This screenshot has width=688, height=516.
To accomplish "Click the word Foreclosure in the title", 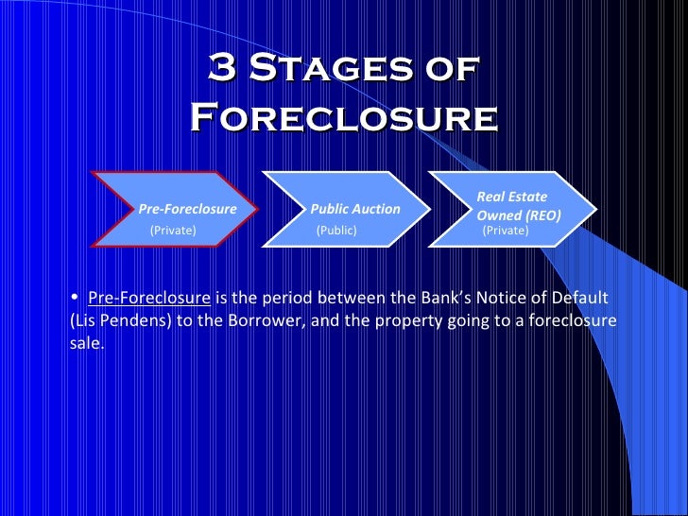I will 344,118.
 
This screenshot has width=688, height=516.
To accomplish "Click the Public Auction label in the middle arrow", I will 355,209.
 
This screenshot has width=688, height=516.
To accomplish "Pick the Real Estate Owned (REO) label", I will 518,206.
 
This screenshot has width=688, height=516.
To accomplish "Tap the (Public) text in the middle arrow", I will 336,230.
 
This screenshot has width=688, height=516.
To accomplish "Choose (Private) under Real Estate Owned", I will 506,229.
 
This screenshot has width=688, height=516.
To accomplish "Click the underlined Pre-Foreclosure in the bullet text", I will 149,299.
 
